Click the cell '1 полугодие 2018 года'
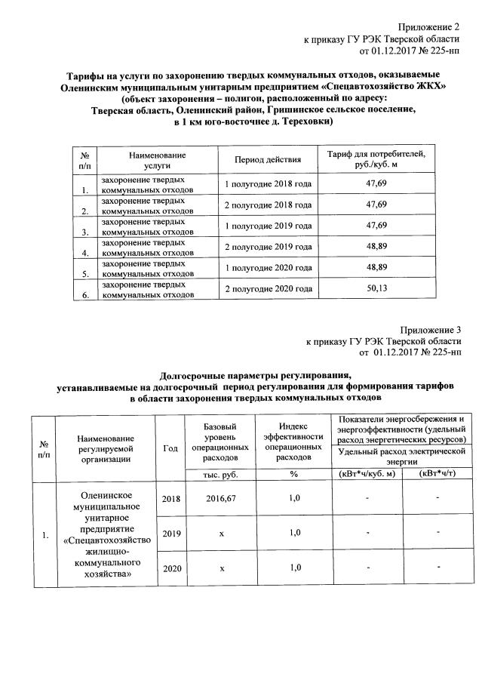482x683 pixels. pyautogui.click(x=268, y=183)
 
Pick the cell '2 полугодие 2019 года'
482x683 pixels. pyautogui.click(x=268, y=247)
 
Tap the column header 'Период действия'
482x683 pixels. pyautogui.click(x=268, y=159)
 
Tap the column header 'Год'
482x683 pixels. pyautogui.click(x=170, y=448)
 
